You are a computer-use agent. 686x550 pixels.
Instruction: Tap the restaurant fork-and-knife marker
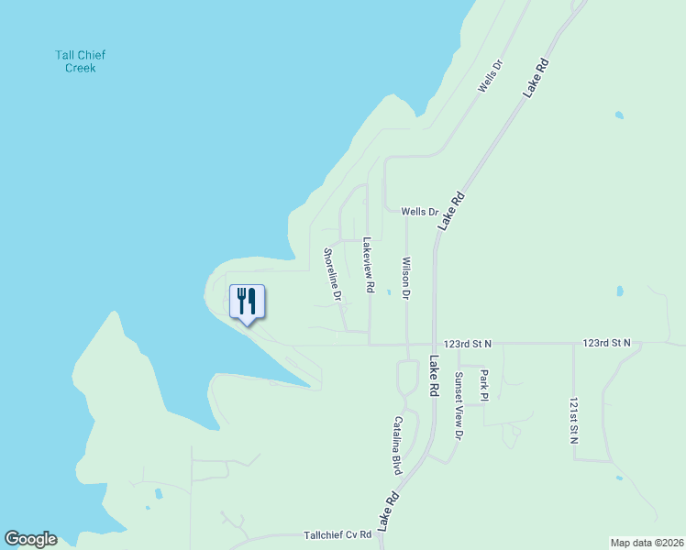[246, 301]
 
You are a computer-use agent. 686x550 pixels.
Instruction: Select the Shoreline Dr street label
[333, 275]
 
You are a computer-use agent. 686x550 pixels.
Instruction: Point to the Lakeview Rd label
[368, 266]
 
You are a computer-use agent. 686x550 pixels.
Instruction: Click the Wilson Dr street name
[405, 278]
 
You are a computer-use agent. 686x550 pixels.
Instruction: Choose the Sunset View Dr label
[459, 404]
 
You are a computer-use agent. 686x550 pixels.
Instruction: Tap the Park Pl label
[485, 386]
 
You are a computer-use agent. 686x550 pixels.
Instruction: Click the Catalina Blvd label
[399, 445]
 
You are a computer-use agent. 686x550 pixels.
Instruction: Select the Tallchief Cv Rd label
[337, 534]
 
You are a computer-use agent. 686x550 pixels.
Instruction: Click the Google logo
[30, 539]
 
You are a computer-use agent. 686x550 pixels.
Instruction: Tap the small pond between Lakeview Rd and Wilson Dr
[389, 293]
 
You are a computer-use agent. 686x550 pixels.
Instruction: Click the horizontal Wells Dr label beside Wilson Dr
[419, 212]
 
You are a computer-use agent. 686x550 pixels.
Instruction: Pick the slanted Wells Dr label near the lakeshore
[491, 76]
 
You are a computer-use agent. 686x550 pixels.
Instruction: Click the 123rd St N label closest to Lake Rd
[467, 343]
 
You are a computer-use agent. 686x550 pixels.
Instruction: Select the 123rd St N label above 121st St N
[606, 343]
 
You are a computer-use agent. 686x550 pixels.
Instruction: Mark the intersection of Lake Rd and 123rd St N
[434, 345]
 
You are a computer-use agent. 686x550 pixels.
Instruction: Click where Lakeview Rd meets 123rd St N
[370, 345]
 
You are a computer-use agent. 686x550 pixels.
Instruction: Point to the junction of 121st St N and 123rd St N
[573, 345]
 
